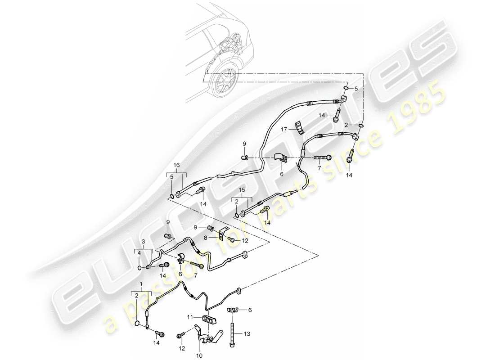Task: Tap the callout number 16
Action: coord(176,166)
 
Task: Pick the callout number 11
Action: coord(191,317)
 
